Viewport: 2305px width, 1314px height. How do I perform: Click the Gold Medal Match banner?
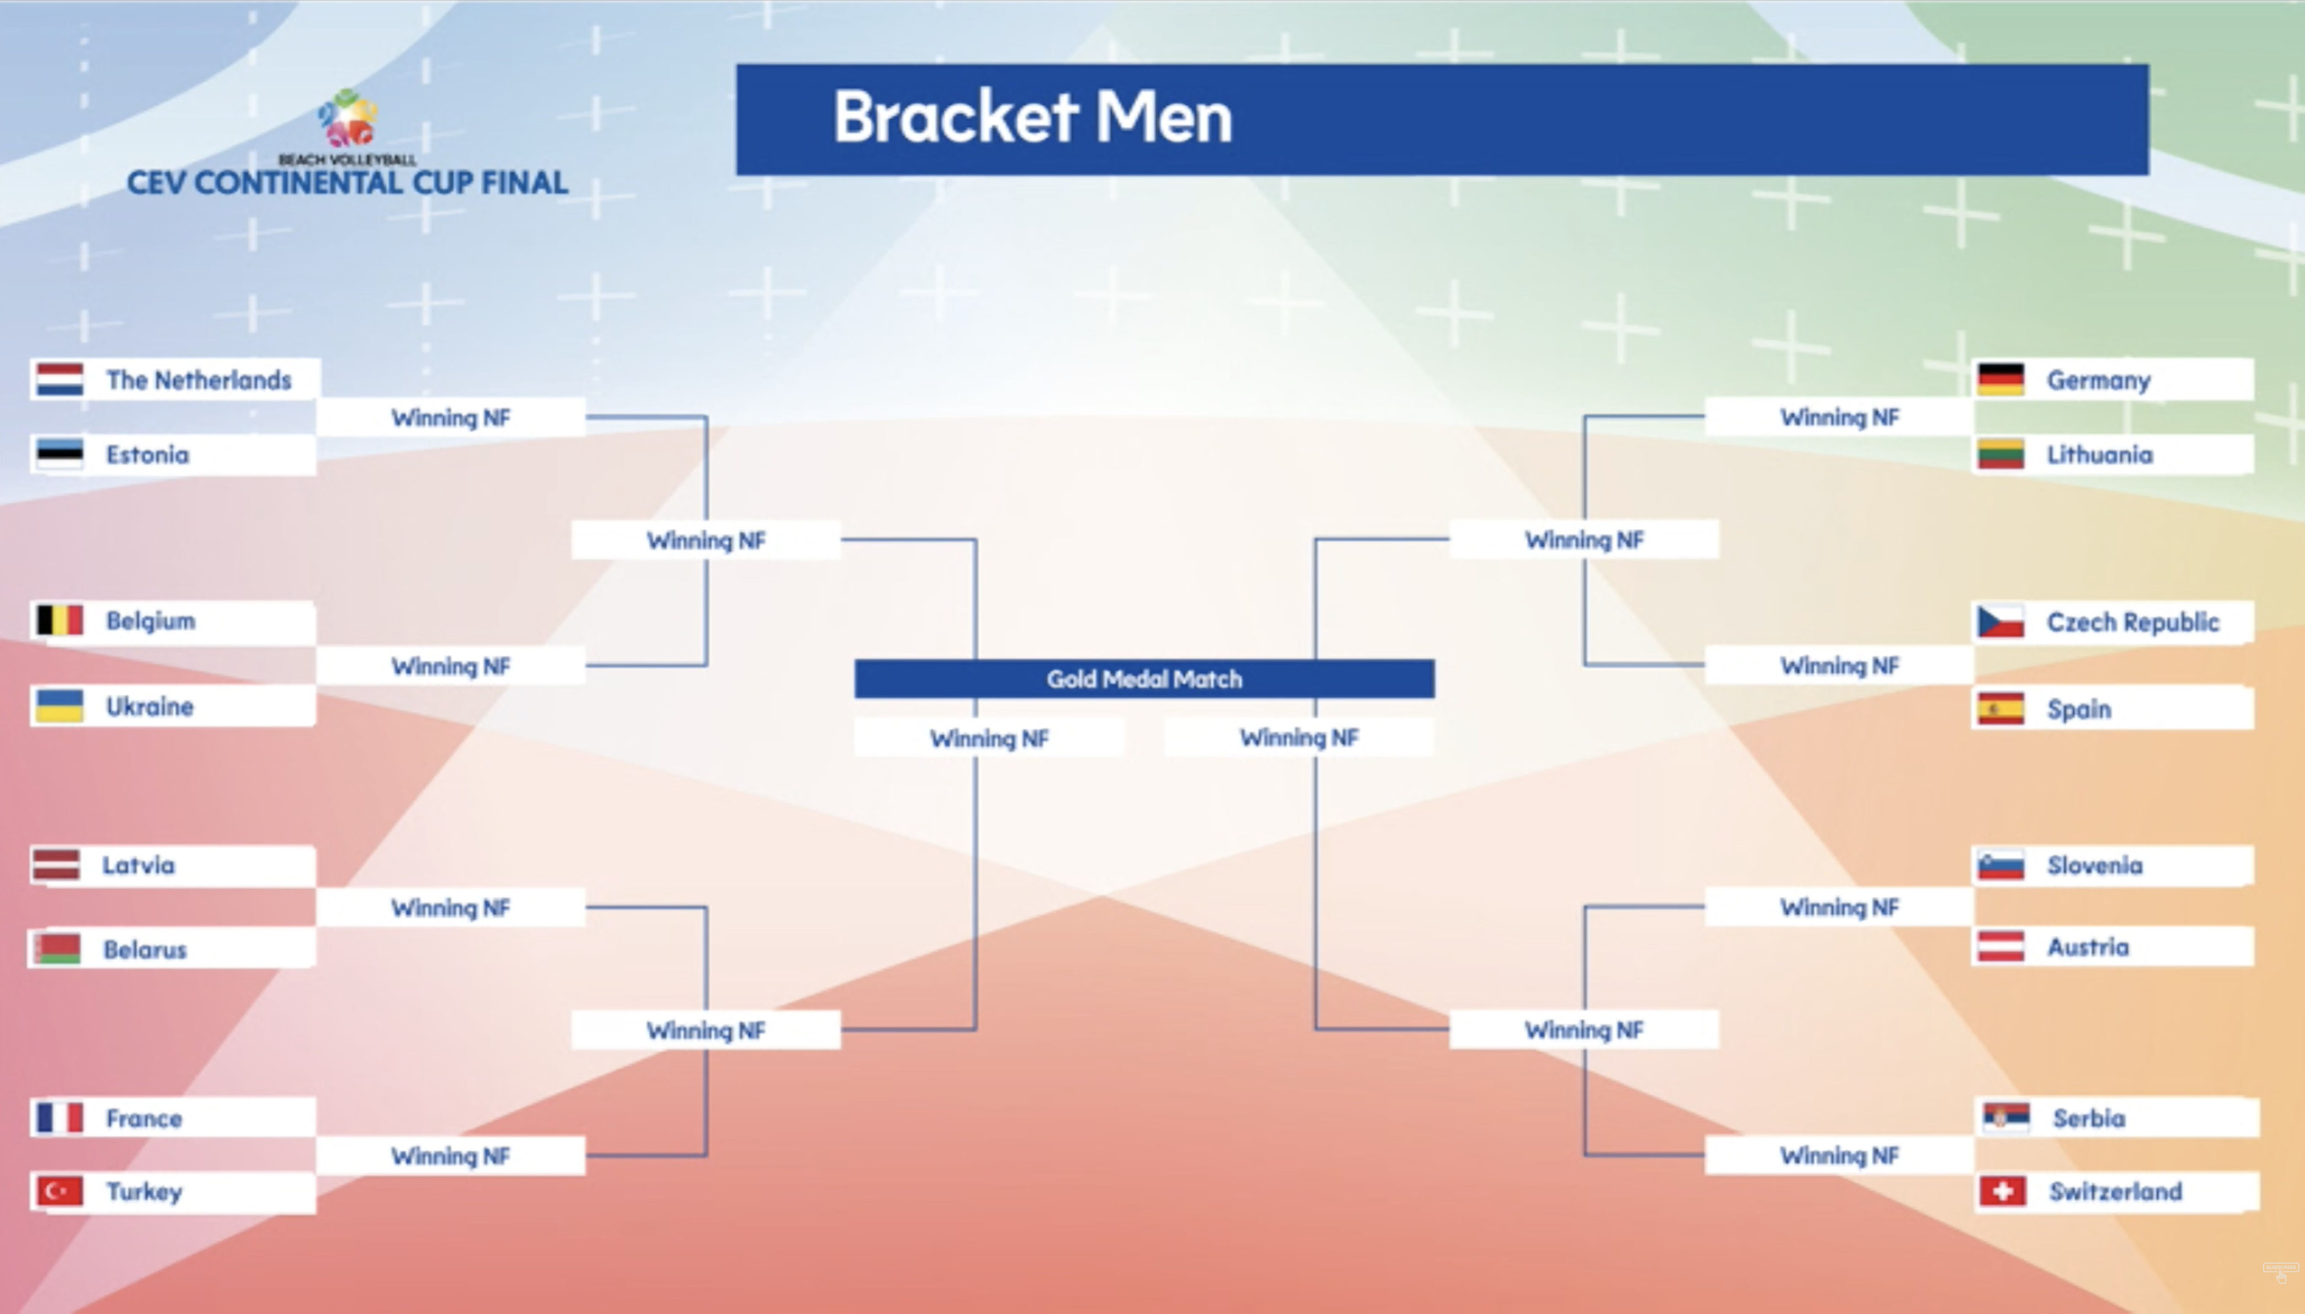point(1144,678)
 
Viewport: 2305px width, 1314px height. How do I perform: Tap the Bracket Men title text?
point(1032,117)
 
